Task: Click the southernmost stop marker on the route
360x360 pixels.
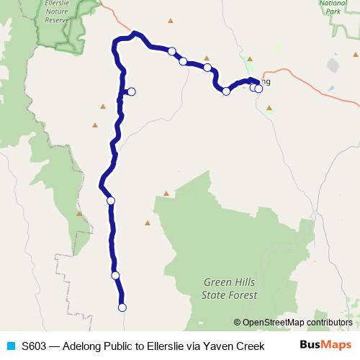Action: click(x=122, y=307)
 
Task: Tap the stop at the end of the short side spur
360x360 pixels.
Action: click(x=131, y=91)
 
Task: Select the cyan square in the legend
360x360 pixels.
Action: click(x=11, y=346)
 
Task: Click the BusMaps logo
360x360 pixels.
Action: click(x=325, y=345)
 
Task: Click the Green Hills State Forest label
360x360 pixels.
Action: click(x=227, y=288)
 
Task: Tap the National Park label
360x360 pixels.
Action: click(x=333, y=7)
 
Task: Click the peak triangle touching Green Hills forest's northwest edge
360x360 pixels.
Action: click(x=166, y=193)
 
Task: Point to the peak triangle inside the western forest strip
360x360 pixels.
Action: click(x=78, y=213)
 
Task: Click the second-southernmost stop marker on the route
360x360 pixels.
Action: click(x=115, y=275)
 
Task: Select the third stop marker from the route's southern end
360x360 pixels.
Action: click(x=110, y=201)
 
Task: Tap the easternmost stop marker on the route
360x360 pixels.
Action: click(x=258, y=89)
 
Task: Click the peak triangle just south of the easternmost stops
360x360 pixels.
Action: click(x=269, y=108)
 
